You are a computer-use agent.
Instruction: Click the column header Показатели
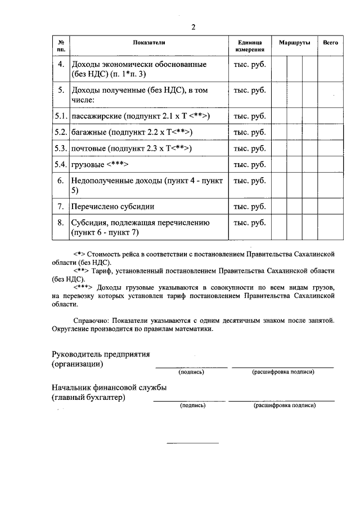tap(149, 43)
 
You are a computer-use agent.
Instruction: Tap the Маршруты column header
tap(294, 43)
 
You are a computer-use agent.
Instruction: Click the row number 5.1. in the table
tap(61, 116)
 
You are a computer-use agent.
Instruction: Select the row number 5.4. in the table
tap(61, 165)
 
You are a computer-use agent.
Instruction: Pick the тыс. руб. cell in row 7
tap(249, 206)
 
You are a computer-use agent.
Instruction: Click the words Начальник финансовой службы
tap(109, 388)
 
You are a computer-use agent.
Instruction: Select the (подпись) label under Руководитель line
tap(191, 372)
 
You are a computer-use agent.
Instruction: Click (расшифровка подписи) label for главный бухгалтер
tap(285, 405)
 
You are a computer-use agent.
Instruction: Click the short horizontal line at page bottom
tap(192, 443)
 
